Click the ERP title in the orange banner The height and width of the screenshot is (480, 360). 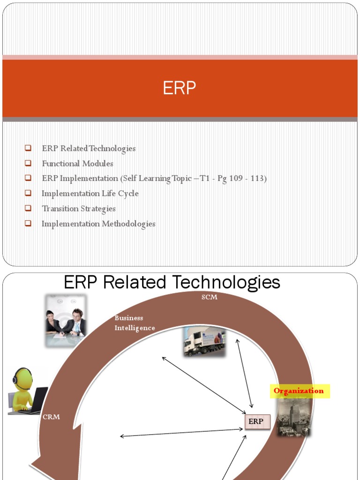(180, 88)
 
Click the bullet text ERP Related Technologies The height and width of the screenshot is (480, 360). (89, 149)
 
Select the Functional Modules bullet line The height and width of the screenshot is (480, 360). (77, 164)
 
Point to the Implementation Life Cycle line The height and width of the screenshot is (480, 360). (90, 194)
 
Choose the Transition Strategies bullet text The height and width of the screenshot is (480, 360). (79, 209)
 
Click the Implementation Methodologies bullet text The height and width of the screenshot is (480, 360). (98, 224)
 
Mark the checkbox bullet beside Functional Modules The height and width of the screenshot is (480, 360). (28, 163)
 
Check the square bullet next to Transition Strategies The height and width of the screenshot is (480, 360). (28, 208)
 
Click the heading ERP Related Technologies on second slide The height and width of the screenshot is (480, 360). (172, 282)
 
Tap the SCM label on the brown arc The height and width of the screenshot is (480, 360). (209, 297)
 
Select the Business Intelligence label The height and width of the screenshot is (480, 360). (135, 323)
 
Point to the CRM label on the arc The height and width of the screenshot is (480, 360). (52, 417)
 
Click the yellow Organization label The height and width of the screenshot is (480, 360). (299, 391)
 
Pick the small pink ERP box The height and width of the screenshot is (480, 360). (257, 422)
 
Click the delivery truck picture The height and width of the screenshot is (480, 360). (204, 342)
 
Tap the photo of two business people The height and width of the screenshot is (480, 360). (66, 321)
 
